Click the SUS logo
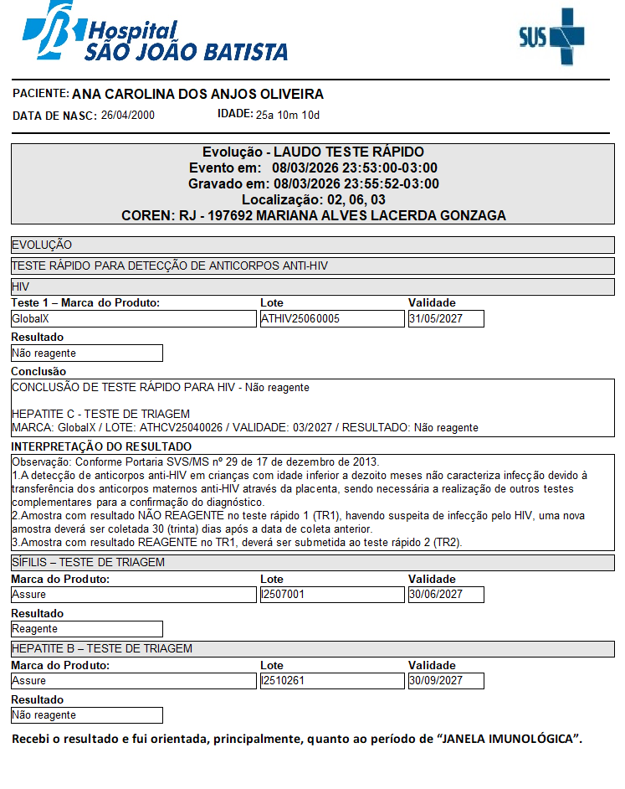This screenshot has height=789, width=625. click(x=551, y=36)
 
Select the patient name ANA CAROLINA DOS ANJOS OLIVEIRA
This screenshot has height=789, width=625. click(x=197, y=95)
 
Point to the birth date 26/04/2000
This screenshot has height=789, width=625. click(x=128, y=116)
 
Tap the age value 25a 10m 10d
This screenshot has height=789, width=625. click(x=288, y=116)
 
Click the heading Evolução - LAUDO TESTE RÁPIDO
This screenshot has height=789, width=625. click(x=313, y=152)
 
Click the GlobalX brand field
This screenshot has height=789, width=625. click(x=133, y=319)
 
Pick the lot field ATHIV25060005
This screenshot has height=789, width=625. click(x=331, y=319)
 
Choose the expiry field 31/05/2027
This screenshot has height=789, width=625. click(x=446, y=319)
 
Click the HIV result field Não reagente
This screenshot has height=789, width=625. click(x=86, y=353)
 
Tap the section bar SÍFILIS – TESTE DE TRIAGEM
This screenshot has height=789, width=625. click(x=313, y=563)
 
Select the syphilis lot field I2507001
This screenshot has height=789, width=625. click(x=331, y=595)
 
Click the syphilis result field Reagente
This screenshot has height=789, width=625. click(x=86, y=629)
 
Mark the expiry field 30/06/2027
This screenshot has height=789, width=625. click(x=446, y=595)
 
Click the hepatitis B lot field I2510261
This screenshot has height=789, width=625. click(x=331, y=681)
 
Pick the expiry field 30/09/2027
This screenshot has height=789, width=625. click(x=446, y=681)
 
